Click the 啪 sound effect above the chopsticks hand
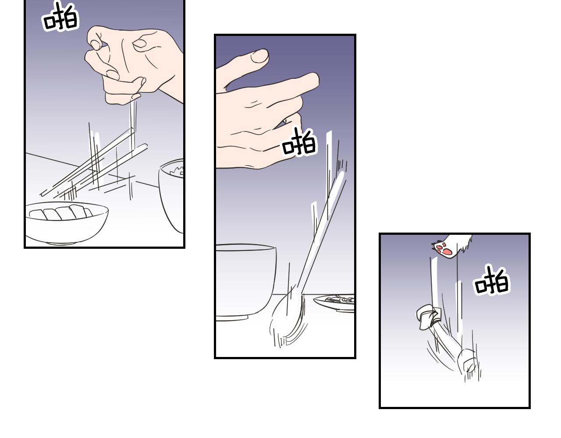pyautogui.click(x=60, y=17)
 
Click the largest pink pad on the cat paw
pyautogui.click(x=448, y=251)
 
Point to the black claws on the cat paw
pyautogui.click(x=434, y=244)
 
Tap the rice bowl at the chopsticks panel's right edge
pyautogui.click(x=171, y=195)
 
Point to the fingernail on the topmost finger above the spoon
pyautogui.click(x=260, y=56)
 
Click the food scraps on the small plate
pyautogui.click(x=340, y=299)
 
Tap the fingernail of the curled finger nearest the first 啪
pyautogui.click(x=96, y=45)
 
